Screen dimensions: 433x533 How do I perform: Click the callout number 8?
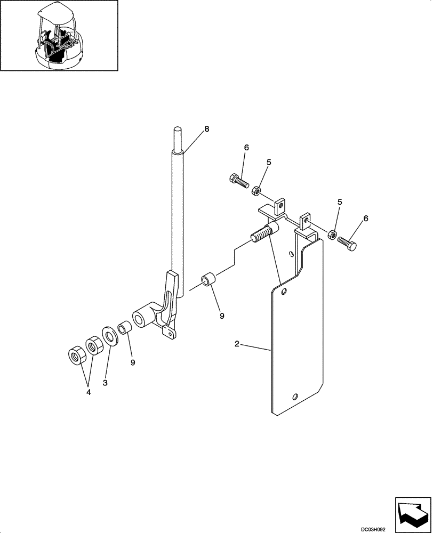tap(207, 128)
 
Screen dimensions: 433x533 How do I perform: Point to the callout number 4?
tap(89, 392)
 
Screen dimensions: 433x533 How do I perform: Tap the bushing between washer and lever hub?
tap(124, 327)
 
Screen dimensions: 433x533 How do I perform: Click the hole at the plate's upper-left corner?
tap(284, 292)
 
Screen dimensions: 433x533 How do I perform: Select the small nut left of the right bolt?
tap(331, 235)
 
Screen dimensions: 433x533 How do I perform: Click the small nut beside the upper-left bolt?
tap(256, 189)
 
